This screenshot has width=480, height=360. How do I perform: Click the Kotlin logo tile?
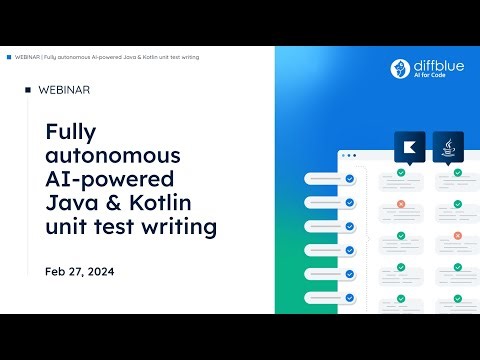pyautogui.click(x=410, y=146)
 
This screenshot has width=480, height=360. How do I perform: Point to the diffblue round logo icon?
pyautogui.click(x=399, y=68)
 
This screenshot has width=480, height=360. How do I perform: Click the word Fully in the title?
pyautogui.click(x=69, y=132)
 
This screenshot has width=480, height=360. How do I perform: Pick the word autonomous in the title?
pyautogui.click(x=114, y=156)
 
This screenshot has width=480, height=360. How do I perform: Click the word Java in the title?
pyautogui.click(x=70, y=204)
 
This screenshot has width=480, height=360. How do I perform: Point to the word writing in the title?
pyautogui.click(x=181, y=228)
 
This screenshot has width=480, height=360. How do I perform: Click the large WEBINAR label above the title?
pyautogui.click(x=63, y=90)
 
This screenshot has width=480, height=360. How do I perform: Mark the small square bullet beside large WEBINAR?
pyautogui.click(x=27, y=90)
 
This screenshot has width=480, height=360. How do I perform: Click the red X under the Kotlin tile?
pyautogui.click(x=400, y=204)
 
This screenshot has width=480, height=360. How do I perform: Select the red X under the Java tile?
pyautogui.click(x=457, y=236)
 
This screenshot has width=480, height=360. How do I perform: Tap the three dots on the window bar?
pyautogui.click(x=347, y=155)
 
